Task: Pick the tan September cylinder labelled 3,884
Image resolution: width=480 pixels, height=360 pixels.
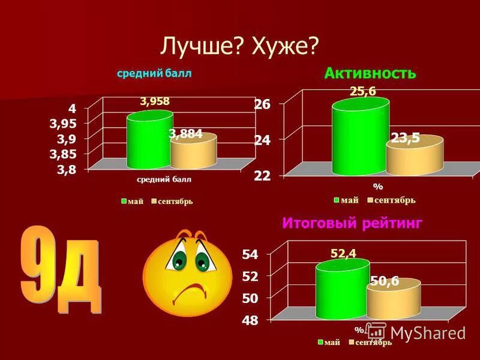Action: point(193,153)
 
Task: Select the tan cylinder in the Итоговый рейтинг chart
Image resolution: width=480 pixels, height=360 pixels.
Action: point(393,302)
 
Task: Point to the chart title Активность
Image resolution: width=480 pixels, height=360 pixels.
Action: point(370,73)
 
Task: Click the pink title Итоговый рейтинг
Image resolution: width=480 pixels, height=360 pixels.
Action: point(352,223)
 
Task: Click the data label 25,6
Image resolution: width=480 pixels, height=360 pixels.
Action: point(363,91)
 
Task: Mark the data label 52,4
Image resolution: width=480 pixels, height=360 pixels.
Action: point(343,253)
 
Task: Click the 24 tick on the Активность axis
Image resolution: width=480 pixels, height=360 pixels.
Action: point(263,140)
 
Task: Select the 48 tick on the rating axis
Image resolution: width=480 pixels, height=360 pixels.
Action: point(250,320)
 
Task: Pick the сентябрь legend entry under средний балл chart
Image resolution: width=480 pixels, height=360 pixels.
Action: point(174,202)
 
